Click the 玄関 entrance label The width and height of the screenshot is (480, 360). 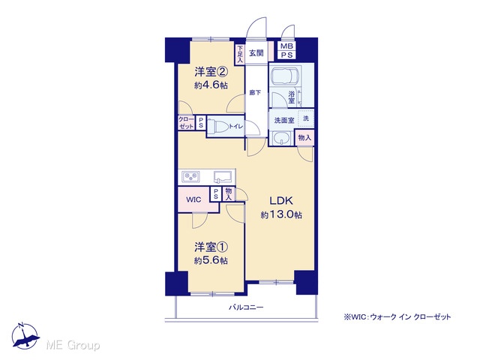point(256,53)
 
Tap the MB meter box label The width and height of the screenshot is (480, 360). point(286,46)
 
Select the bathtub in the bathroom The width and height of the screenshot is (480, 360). point(285,76)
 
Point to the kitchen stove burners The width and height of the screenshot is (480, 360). point(190,177)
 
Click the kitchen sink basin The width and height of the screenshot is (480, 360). point(223,177)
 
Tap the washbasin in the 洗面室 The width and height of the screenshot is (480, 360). point(280,138)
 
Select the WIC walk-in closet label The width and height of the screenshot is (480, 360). point(193,200)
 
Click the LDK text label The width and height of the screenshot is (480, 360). point(281,201)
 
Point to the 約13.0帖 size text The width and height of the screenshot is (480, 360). point(281,215)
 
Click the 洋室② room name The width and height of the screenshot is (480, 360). point(211,72)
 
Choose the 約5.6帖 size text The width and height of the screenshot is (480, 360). point(211,260)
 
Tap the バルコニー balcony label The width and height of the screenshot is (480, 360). point(246,307)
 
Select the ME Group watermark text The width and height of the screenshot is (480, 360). point(73,345)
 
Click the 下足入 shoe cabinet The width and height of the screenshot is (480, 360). point(240,55)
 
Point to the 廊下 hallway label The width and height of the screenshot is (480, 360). point(255,92)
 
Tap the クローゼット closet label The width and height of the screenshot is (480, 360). point(186,122)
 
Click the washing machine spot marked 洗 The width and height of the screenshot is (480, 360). point(306,118)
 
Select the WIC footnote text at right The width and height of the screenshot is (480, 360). point(397,316)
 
